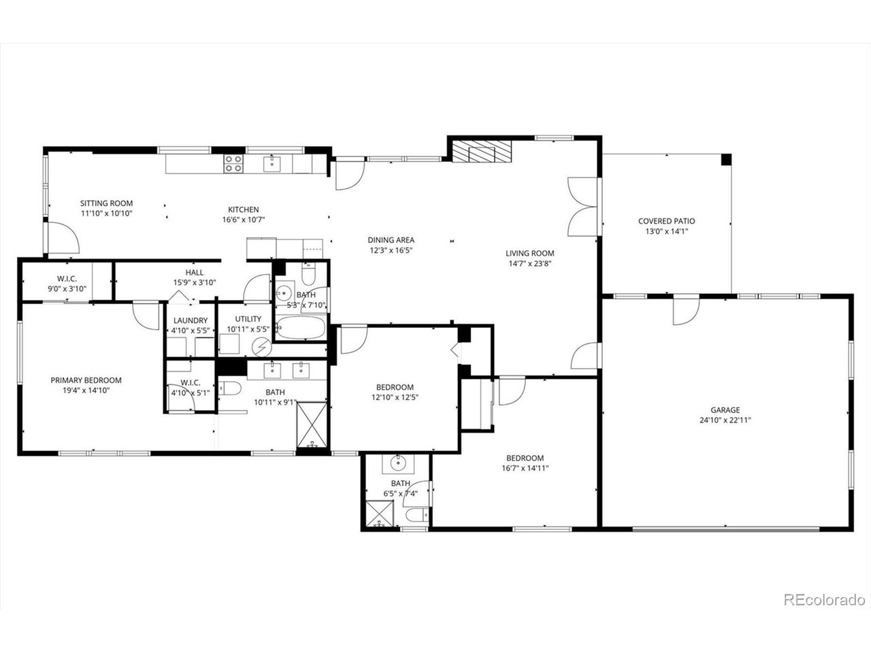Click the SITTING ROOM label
click(106, 203)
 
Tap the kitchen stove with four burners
click(233, 164)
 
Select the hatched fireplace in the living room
click(482, 151)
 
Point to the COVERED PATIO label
click(666, 221)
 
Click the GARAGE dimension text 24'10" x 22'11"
click(725, 420)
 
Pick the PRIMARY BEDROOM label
click(86, 380)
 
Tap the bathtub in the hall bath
click(301, 327)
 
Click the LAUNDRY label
click(191, 320)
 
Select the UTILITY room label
click(248, 319)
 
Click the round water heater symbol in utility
click(261, 348)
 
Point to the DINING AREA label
click(391, 240)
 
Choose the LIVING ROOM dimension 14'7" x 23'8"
click(529, 263)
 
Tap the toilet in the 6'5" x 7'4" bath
click(416, 516)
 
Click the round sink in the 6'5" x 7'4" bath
click(397, 463)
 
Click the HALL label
click(195, 272)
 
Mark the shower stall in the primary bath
click(312, 424)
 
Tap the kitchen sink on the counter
click(272, 164)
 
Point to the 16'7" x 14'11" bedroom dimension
click(525, 468)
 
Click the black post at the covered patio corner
click(726, 159)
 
